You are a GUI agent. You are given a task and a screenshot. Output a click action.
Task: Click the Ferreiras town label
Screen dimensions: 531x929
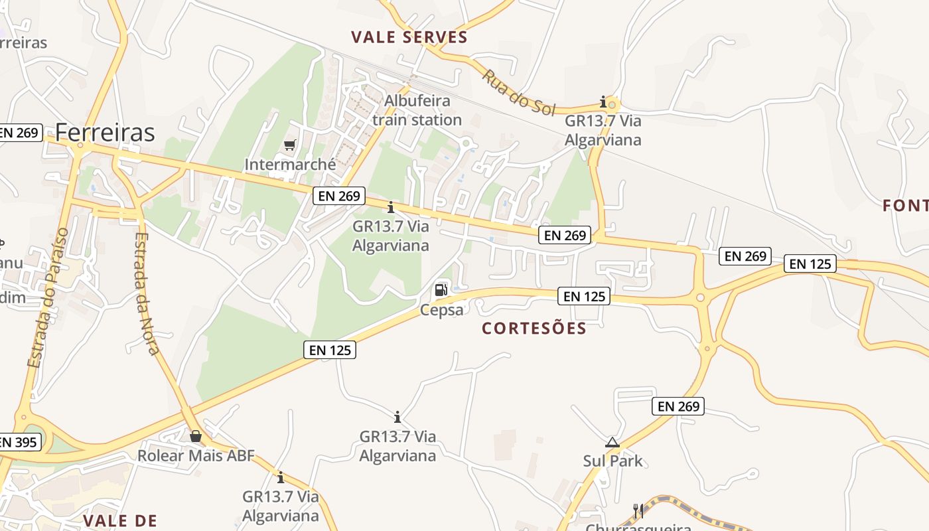[105, 133]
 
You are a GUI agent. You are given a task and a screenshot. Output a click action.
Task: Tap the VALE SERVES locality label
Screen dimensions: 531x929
[409, 37]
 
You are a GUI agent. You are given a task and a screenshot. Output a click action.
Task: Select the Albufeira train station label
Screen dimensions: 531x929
[417, 110]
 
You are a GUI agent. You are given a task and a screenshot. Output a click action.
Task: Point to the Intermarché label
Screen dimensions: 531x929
[290, 164]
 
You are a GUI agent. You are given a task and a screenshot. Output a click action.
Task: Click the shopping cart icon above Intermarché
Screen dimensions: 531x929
[289, 145]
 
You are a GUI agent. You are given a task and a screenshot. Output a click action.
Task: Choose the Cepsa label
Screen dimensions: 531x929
[441, 309]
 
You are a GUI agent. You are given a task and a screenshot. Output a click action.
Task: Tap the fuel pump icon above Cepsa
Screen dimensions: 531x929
[441, 290]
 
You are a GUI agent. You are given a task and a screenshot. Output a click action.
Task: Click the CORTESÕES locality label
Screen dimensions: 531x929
[534, 329]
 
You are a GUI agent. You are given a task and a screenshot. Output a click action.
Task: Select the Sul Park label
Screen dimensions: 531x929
[612, 461]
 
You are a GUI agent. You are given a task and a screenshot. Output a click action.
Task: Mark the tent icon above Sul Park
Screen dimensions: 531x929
[612, 442]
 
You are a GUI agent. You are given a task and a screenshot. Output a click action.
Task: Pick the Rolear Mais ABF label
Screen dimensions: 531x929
[196, 456]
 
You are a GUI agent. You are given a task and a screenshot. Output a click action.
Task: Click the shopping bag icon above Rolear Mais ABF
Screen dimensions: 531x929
[196, 436]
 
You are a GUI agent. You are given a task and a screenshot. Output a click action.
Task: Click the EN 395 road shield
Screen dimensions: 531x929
[19, 442]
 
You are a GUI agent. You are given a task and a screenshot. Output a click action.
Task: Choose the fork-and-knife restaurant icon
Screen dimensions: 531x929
[638, 510]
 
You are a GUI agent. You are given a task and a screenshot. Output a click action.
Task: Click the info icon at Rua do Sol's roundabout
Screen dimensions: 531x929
[603, 102]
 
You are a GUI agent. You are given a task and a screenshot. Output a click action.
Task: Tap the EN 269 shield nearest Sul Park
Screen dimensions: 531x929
[679, 406]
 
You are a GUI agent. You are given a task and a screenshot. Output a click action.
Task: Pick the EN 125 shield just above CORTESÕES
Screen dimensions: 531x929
[584, 296]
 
